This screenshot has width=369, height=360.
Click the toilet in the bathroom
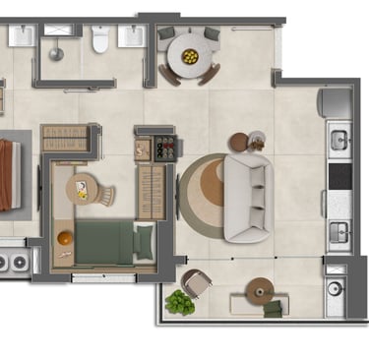(98, 38)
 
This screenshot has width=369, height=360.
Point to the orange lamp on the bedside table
(64, 237)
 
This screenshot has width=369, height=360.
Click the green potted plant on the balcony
(179, 302)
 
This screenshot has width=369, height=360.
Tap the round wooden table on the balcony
(260, 289)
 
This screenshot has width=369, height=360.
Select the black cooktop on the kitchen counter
(338, 176)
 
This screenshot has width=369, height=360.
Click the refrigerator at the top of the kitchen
(335, 102)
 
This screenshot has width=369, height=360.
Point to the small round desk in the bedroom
(84, 187)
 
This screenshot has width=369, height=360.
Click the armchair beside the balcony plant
(197, 285)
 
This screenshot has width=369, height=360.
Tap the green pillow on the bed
(145, 241)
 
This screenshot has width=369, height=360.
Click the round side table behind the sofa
(256, 141)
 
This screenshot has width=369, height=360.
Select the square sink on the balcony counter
(336, 289)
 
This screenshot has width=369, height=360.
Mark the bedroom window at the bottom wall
(103, 278)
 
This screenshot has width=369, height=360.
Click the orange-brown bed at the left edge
(8, 174)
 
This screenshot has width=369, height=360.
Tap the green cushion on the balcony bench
(273, 309)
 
